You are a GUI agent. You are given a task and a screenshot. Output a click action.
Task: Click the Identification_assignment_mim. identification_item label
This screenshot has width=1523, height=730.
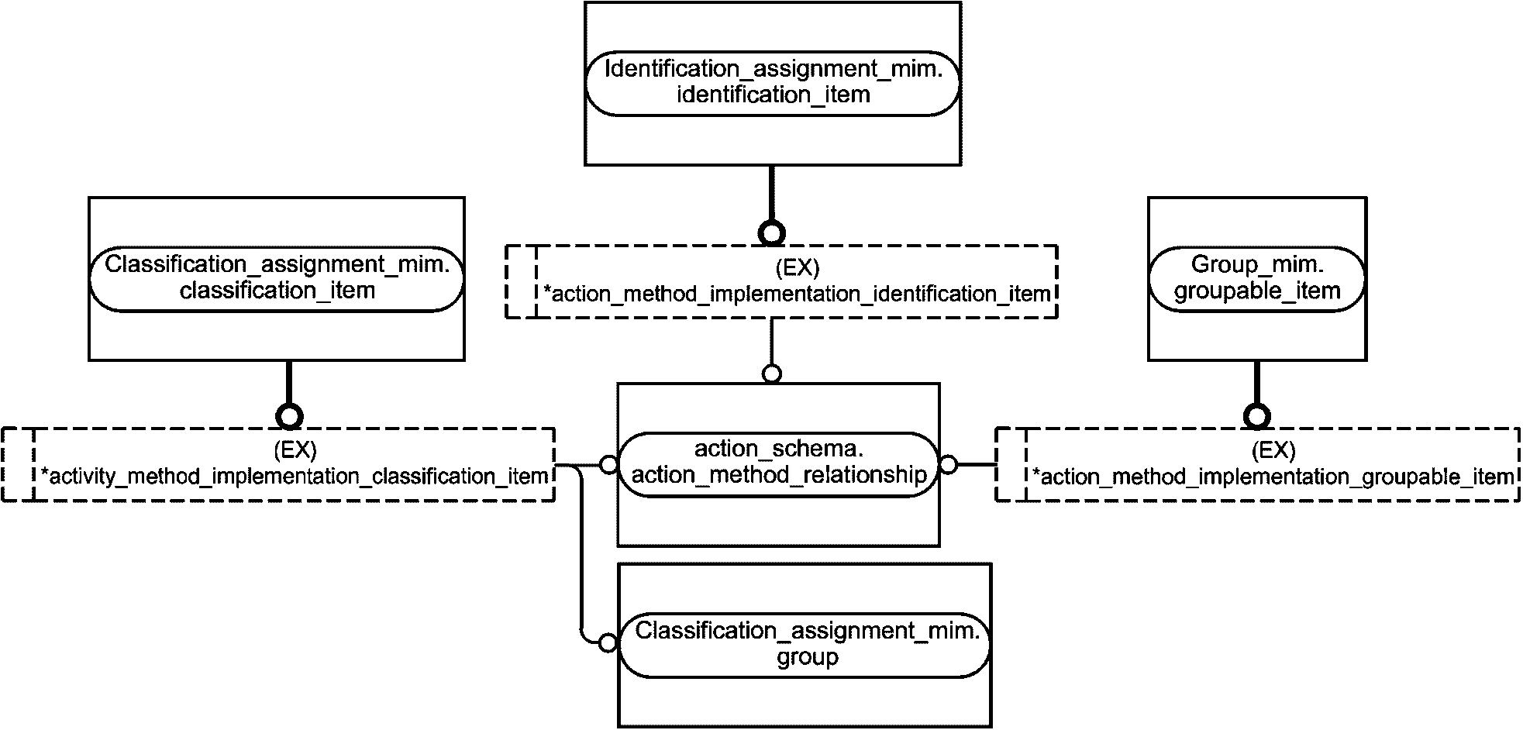773,81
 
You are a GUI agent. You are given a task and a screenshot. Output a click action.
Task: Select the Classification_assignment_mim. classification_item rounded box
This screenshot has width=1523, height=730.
277,280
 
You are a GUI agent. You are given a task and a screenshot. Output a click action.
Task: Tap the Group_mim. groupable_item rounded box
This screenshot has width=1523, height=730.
1256,280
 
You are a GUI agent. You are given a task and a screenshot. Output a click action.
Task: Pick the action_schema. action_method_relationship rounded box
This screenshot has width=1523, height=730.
778,464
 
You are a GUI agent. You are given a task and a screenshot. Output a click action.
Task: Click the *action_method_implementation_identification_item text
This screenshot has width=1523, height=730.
797,294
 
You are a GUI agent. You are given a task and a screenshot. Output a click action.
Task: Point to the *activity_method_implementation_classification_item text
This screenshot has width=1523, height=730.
295,476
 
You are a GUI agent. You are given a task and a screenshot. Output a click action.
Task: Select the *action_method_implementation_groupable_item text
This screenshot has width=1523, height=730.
1273,477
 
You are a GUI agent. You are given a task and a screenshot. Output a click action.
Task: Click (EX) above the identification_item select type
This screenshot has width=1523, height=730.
797,268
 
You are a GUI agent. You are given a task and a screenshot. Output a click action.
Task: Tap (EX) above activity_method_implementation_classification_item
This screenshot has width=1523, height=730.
295,449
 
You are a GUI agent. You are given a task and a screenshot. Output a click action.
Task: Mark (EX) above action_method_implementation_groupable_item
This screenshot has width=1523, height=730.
1273,450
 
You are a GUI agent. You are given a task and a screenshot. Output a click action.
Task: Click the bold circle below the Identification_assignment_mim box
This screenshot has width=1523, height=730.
771,232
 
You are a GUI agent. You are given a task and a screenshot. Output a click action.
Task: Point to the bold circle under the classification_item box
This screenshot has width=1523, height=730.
289,416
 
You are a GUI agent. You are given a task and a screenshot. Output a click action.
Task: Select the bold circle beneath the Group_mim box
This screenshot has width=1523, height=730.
1256,416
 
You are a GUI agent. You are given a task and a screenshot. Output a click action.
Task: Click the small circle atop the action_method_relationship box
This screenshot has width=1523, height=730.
771,374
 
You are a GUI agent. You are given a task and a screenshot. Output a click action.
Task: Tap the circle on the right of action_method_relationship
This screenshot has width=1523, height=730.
948,465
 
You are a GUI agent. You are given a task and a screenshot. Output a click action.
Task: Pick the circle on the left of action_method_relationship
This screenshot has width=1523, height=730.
609,465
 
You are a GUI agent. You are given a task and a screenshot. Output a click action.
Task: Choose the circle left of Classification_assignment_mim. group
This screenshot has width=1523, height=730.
609,643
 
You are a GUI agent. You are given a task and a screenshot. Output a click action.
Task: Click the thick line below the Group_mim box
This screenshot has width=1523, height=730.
1256,383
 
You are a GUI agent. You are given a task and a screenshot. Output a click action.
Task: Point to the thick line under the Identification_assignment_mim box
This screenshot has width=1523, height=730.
771,194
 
